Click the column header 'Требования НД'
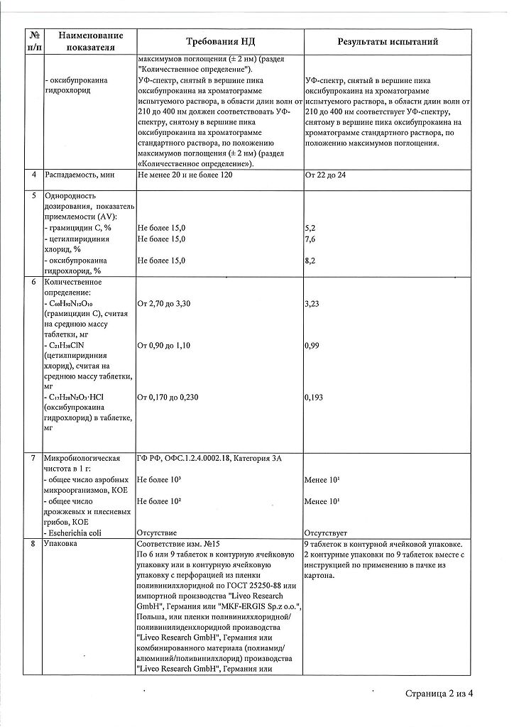coord(219,41)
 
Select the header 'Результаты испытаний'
coord(387,41)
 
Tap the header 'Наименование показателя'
coord(90,41)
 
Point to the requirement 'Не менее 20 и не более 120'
coord(185,175)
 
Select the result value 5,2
coord(310,227)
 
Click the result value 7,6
coord(310,239)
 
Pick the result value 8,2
coord(310,261)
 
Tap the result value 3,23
coord(312,304)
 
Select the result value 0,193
coord(314,398)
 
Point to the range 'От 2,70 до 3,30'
coord(165,304)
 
